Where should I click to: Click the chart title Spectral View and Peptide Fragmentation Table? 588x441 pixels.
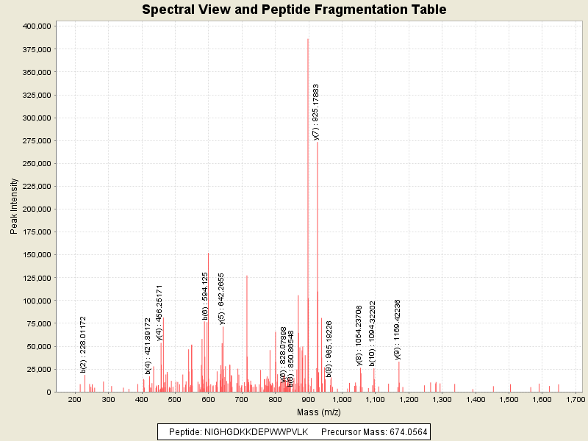click(294, 10)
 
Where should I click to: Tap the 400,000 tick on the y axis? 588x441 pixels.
click(35, 26)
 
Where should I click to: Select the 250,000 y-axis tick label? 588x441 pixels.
click(35, 163)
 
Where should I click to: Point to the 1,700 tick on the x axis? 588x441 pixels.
click(576, 399)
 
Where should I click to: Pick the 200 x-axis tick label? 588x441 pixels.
click(74, 399)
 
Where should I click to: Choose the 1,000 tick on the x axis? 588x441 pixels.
click(342, 399)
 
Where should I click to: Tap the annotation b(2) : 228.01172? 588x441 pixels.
click(84, 344)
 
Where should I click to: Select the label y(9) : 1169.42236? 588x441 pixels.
click(398, 329)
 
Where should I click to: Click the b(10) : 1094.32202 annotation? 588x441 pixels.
click(373, 333)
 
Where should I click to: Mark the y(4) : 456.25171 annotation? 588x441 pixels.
click(159, 312)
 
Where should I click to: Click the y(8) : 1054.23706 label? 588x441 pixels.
click(359, 335)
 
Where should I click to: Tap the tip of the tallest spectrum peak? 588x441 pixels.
click(308, 39)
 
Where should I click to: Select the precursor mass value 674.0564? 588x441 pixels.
click(404, 431)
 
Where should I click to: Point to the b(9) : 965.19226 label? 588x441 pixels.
click(329, 339)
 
